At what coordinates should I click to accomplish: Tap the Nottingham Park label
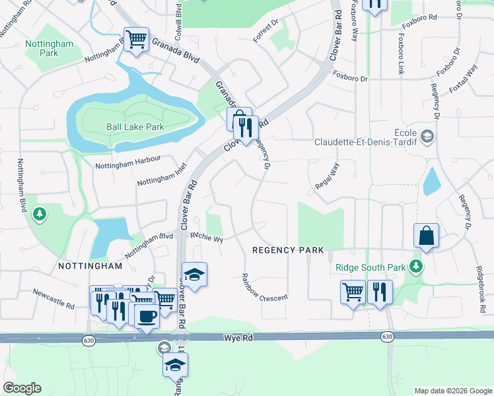click(x=42, y=48)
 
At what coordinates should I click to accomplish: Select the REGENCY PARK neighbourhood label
click(x=289, y=250)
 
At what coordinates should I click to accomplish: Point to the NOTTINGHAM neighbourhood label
click(x=90, y=266)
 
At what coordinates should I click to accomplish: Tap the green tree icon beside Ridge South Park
click(x=416, y=267)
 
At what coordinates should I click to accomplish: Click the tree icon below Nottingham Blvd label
click(x=40, y=214)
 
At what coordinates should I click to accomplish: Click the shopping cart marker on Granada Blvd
click(x=136, y=40)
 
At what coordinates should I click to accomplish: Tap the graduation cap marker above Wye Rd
click(x=195, y=274)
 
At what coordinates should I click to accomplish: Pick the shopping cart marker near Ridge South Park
click(x=353, y=291)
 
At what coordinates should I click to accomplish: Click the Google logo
click(x=22, y=388)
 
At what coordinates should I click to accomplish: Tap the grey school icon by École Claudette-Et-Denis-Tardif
click(x=427, y=137)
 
